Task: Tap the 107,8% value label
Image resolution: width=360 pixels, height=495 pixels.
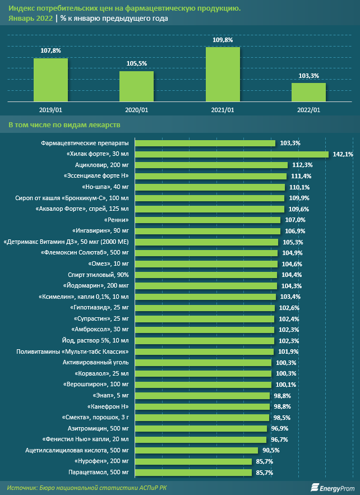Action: (50, 50)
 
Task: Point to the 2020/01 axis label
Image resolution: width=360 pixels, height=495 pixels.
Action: (136, 110)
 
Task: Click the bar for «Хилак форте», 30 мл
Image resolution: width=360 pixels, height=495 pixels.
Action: (232, 154)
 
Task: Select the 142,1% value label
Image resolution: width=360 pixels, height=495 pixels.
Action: (343, 154)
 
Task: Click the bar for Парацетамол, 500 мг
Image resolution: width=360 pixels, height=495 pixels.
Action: (193, 473)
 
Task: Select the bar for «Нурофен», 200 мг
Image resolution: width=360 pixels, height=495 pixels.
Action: (193, 461)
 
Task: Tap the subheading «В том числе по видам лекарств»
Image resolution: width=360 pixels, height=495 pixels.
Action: (64, 124)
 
